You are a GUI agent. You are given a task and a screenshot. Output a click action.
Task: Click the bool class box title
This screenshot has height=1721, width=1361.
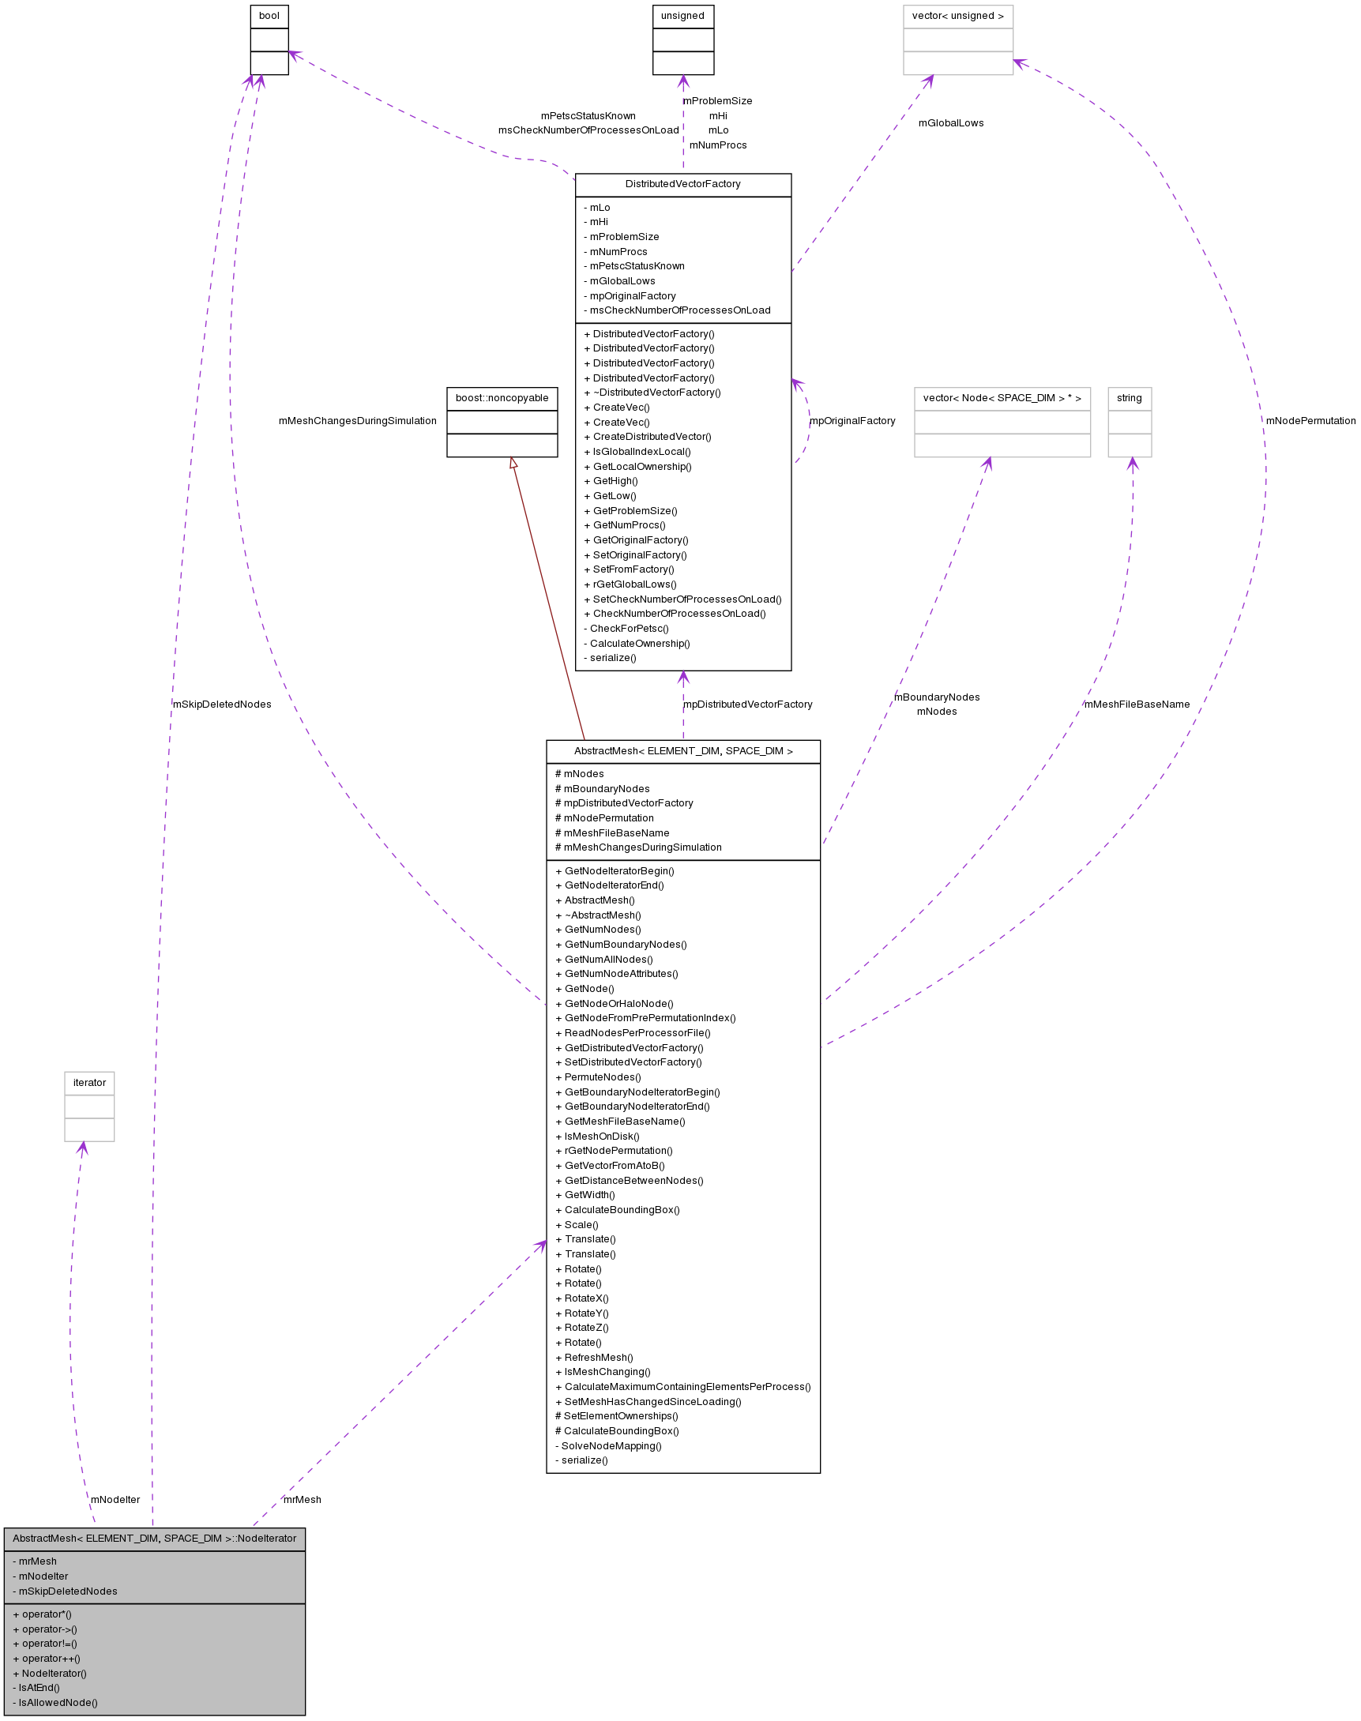269,16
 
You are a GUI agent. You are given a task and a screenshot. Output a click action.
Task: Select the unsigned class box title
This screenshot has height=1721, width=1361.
683,16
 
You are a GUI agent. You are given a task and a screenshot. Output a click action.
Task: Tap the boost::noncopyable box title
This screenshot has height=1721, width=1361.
502,398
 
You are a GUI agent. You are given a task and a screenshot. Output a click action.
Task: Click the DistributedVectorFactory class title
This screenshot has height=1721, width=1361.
683,184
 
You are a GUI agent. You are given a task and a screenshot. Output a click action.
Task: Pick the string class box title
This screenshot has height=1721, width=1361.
1129,398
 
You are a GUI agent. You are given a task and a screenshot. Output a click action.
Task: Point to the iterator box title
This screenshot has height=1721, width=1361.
89,1083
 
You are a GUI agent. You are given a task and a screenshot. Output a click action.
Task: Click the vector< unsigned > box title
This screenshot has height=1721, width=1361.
958,16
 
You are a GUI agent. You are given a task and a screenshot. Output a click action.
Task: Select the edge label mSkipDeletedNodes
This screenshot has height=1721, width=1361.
222,705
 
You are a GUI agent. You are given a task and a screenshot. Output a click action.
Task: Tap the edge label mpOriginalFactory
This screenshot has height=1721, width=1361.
852,421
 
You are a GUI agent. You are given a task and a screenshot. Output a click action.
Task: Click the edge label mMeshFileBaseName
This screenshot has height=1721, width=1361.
1137,705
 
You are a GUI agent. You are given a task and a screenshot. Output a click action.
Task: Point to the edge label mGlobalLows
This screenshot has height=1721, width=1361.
950,123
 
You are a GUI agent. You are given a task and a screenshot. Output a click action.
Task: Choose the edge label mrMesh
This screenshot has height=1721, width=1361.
303,1500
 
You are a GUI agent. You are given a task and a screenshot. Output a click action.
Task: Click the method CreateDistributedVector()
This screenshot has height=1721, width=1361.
652,437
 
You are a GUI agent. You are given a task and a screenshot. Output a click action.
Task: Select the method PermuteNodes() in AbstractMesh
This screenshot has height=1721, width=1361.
603,1077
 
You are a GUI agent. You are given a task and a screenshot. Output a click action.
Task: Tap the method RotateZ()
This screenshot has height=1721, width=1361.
586,1328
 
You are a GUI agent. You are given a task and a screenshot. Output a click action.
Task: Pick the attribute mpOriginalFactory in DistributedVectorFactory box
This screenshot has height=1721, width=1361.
633,296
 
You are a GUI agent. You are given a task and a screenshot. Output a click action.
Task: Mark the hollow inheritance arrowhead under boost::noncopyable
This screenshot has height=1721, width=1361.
514,463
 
